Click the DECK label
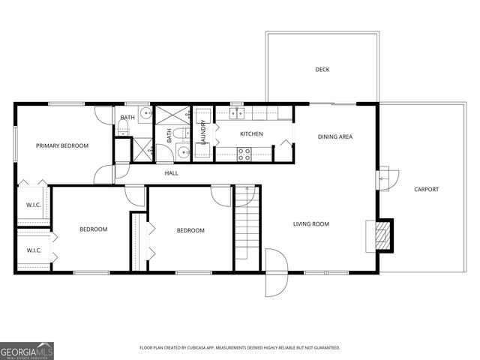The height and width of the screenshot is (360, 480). click(322, 70)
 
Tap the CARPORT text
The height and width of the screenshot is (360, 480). click(426, 189)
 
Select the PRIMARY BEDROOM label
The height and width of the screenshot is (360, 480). click(63, 145)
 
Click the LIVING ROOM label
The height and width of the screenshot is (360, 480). click(310, 223)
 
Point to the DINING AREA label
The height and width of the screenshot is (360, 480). click(334, 136)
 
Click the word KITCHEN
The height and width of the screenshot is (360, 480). click(251, 134)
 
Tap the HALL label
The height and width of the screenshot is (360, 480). click(172, 173)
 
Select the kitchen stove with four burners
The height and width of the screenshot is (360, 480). click(244, 154)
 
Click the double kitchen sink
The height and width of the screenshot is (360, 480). click(238, 114)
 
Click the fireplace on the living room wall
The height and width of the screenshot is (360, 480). click(382, 235)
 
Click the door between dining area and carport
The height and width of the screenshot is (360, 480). click(384, 178)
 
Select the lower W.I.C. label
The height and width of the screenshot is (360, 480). click(34, 250)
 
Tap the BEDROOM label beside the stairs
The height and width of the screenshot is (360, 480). click(190, 230)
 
